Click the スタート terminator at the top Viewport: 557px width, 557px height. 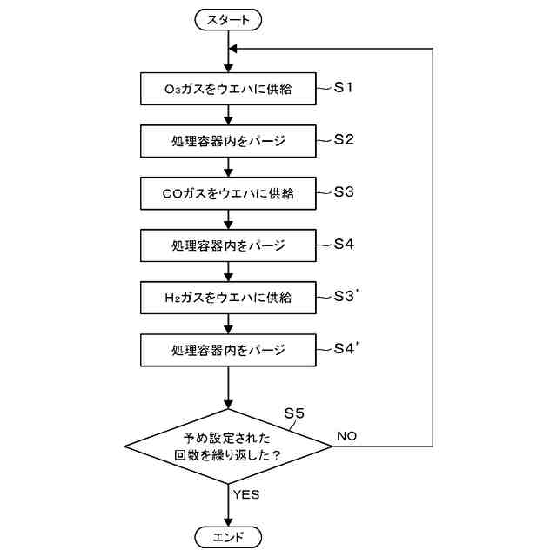(x=229, y=18)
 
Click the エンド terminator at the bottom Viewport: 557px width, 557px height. (x=229, y=536)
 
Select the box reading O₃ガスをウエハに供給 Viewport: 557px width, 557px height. (x=228, y=88)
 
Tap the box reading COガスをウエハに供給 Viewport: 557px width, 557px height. (x=228, y=192)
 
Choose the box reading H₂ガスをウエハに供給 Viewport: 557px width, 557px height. (x=228, y=297)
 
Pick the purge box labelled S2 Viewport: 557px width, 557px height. (x=228, y=140)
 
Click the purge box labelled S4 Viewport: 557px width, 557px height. (x=228, y=245)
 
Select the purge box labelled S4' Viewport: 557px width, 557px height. (x=228, y=349)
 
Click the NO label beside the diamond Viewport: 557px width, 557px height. (x=346, y=435)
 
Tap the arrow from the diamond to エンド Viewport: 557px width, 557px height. (x=228, y=505)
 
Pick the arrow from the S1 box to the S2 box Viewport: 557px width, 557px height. (x=228, y=114)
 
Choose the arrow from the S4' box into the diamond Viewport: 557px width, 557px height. (x=228, y=387)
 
